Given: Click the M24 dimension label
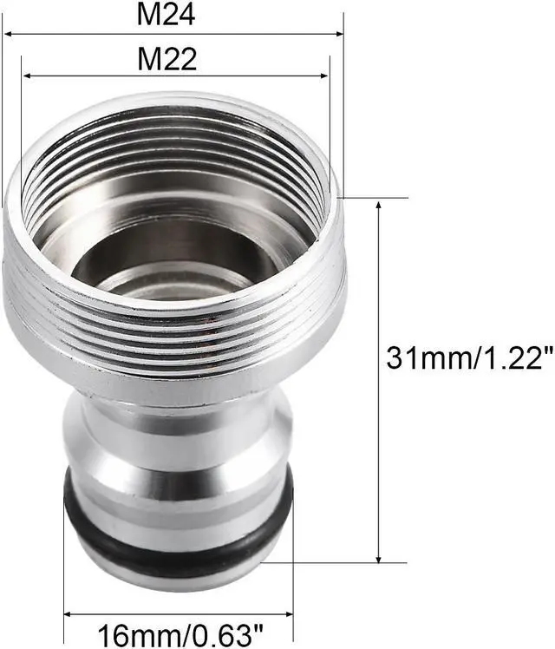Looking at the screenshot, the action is pos(166,15).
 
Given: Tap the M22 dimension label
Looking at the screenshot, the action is pos(166,59).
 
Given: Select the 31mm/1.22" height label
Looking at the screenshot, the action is pos(470,358).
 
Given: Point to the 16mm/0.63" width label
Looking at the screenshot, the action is pos(180,635).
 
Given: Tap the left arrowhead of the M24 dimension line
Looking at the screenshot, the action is pos(8,34).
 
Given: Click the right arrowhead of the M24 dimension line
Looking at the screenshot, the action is pos(339,34).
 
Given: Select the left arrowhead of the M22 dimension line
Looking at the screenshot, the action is pos(27,76).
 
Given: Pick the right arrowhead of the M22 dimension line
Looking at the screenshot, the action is pos(323,76).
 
